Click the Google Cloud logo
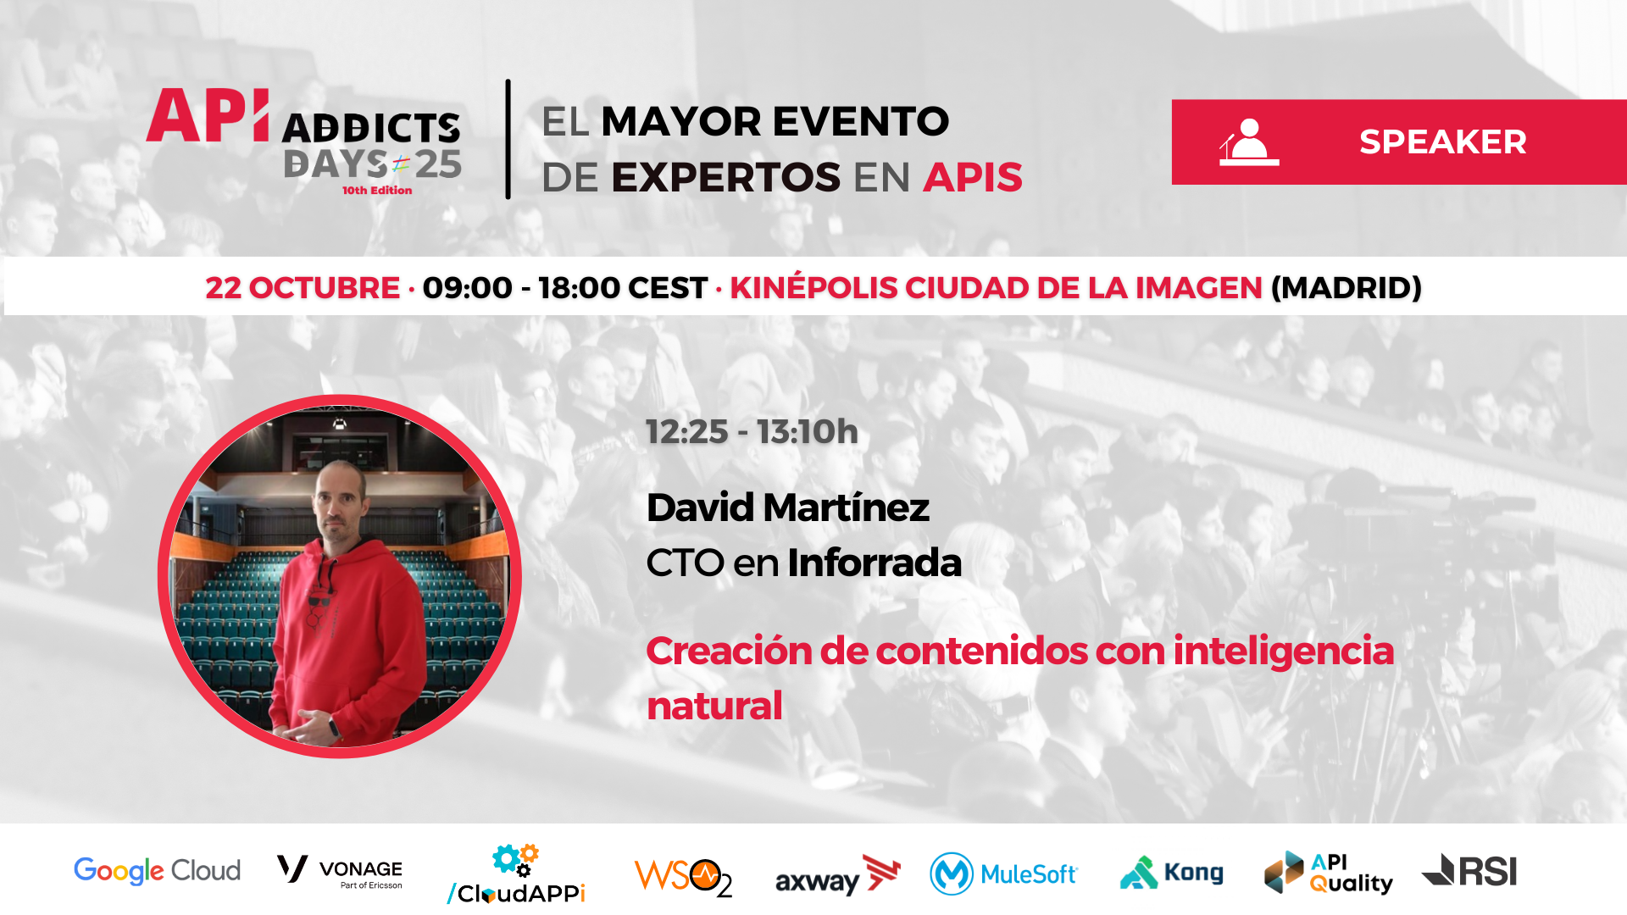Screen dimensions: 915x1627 pos(157,871)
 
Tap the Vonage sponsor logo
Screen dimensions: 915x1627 pos(340,871)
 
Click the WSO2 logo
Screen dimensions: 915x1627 pos(683,877)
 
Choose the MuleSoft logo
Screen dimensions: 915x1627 pos(1003,873)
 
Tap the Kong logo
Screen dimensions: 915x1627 pos(1172,873)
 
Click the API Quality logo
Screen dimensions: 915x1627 pos(1328,873)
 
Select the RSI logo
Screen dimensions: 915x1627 pos(1469,871)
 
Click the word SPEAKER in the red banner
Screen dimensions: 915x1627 pos(1442,142)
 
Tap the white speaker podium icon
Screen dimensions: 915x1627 pos(1248,142)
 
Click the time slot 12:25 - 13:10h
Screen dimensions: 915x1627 pos(752,432)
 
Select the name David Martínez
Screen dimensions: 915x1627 pos(787,507)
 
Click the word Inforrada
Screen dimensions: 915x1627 pos(875,563)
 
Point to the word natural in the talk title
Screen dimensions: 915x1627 pos(714,706)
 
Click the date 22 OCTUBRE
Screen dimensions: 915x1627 pos(303,288)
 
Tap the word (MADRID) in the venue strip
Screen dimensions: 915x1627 pos(1346,288)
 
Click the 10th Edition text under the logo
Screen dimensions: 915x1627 pos(377,191)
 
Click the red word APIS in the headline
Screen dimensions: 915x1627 pos(973,177)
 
